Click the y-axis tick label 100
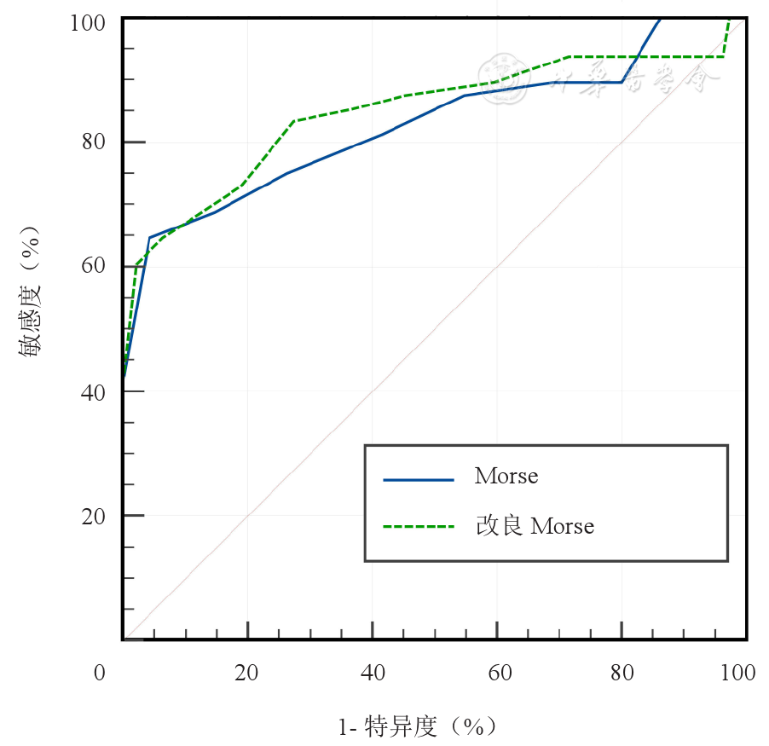point(88,22)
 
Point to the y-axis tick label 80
point(94,142)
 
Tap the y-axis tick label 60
point(94,266)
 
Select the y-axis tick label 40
point(94,391)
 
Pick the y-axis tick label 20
point(94,516)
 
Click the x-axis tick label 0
point(100,673)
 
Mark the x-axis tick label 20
point(247,673)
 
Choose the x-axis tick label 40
point(373,673)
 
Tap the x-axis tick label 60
point(499,673)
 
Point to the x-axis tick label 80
point(623,673)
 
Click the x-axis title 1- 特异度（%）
point(417,727)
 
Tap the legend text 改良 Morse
point(535,526)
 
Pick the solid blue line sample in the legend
point(419,479)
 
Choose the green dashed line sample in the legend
point(419,527)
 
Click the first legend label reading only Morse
point(506,477)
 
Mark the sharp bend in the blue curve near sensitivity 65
point(149,237)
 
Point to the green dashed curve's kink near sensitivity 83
point(293,120)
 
